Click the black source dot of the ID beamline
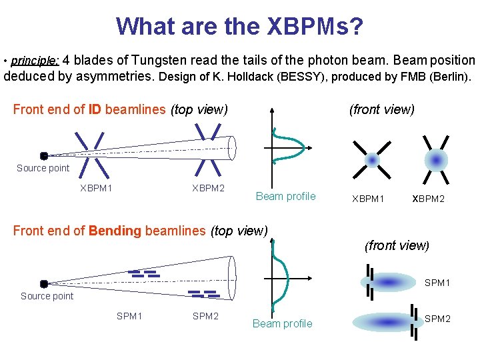pos(44,156)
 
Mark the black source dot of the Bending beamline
pos(44,283)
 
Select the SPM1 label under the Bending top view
pos(130,316)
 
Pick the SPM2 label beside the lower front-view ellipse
pos(437,319)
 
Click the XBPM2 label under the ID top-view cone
pos(208,188)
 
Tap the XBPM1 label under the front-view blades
pos(368,199)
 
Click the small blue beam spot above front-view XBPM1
pos(373,161)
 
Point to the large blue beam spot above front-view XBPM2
pos(436,161)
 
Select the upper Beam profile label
pos(285,196)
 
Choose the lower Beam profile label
pos(282,324)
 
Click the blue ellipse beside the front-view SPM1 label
pos(388,283)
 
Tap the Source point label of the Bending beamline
pos(47,296)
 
